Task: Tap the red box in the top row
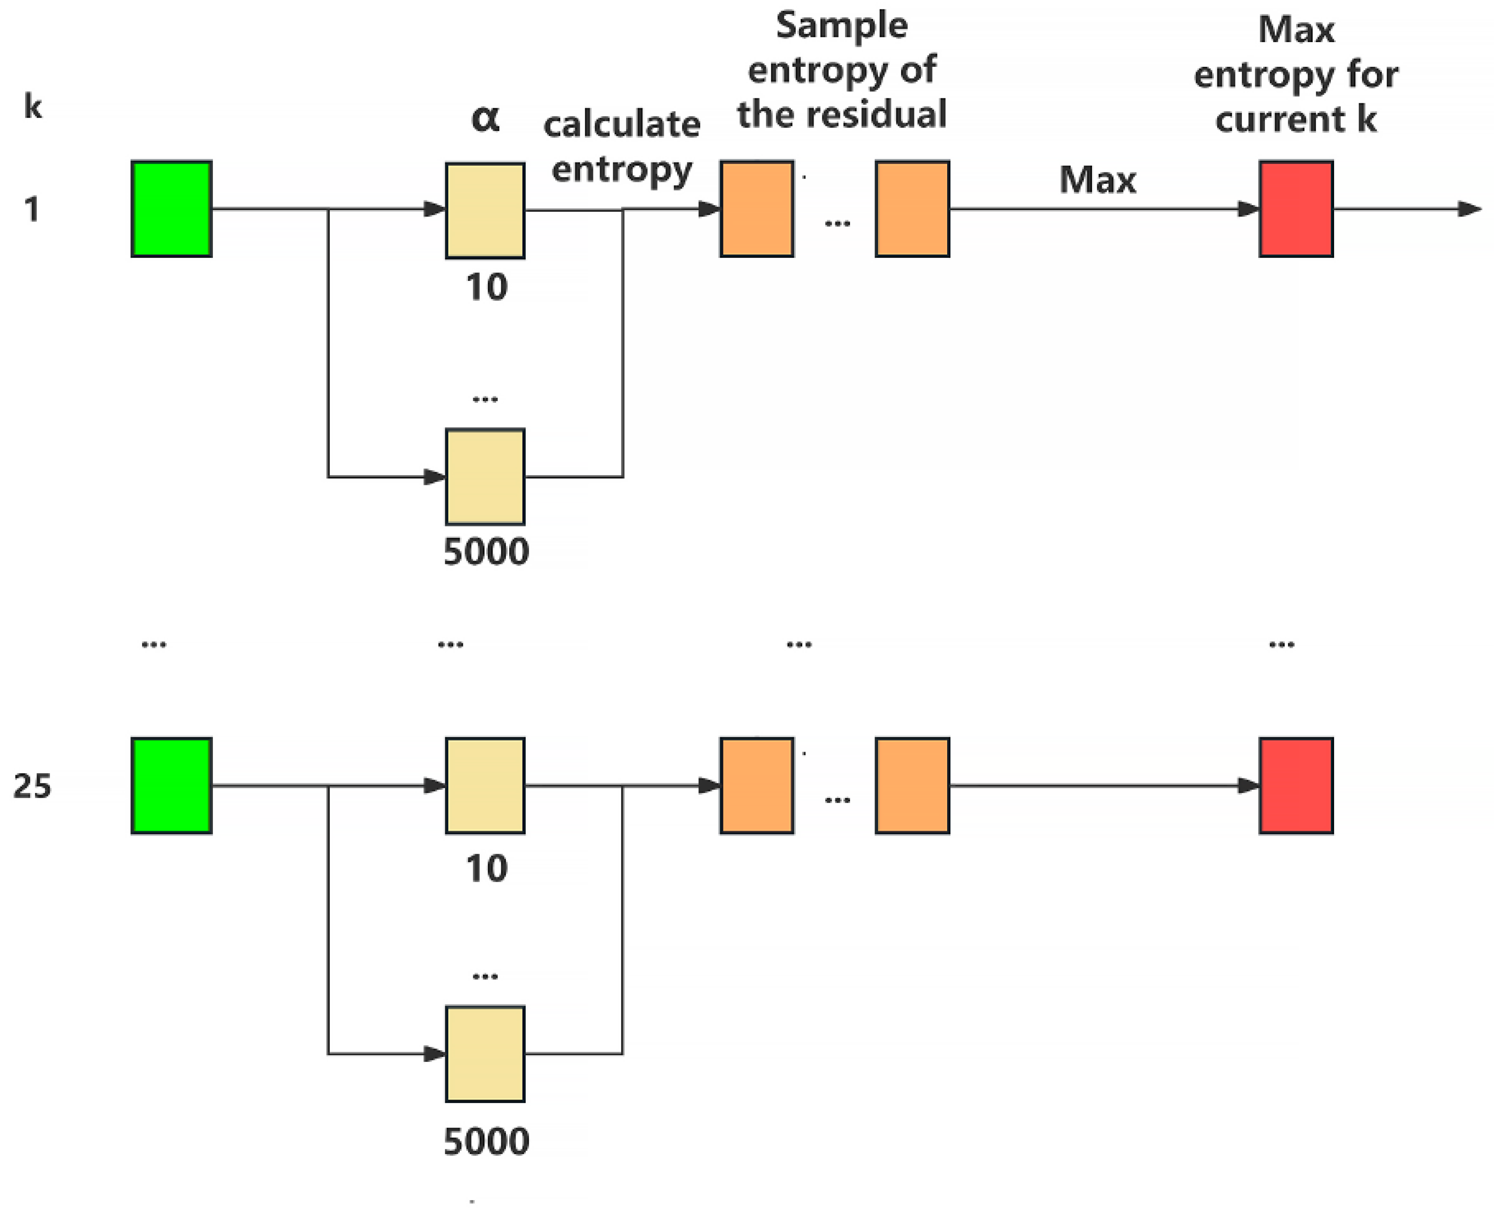click(x=1295, y=209)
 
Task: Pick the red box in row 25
click(x=1295, y=785)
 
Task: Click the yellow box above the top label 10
click(x=485, y=210)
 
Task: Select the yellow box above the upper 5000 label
click(x=485, y=476)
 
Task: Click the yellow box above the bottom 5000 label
click(x=485, y=1054)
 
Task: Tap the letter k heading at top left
click(x=32, y=106)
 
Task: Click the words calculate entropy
click(x=621, y=147)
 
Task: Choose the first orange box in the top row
click(x=757, y=209)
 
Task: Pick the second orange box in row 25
click(x=912, y=785)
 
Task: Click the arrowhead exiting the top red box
click(x=1469, y=209)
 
